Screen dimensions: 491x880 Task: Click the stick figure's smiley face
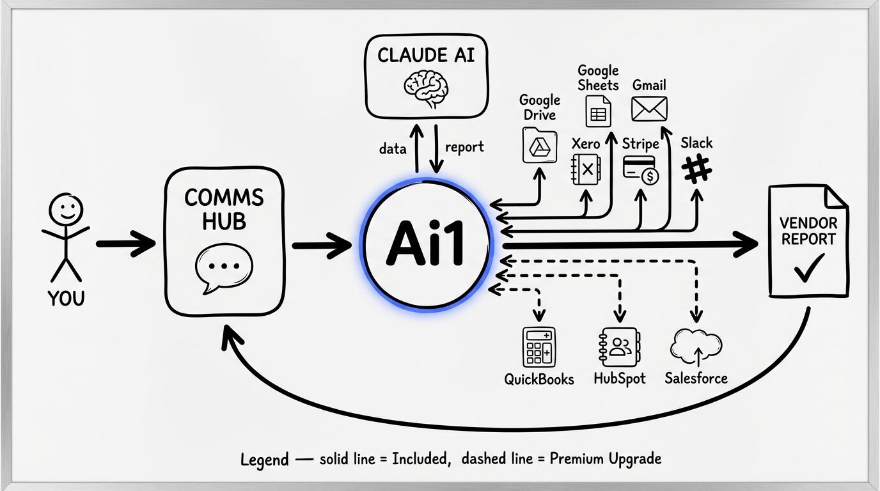[66, 209]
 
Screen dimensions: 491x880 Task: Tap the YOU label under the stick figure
[65, 298]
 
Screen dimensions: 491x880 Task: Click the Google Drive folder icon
[540, 145]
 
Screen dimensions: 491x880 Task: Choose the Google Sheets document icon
[598, 111]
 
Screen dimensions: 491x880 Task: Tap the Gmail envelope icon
[649, 109]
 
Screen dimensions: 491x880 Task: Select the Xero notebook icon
[585, 169]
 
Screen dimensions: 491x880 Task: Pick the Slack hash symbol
[696, 170]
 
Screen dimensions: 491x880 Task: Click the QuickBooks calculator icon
[539, 347]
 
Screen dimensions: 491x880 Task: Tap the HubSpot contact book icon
[619, 347]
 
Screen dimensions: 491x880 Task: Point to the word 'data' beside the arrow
[392, 149]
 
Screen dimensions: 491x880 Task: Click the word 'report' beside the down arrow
[464, 147]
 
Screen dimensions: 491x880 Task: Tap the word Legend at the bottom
[264, 460]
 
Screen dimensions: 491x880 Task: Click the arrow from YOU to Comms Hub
[126, 244]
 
